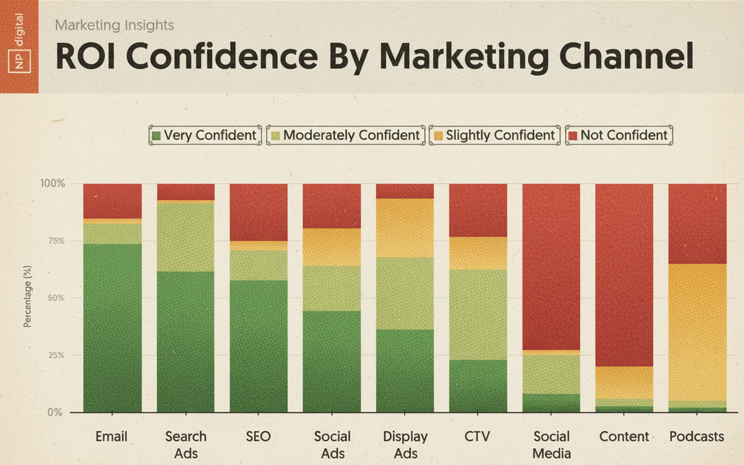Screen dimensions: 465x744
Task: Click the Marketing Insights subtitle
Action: (x=115, y=26)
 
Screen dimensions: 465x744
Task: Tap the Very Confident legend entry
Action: (x=204, y=135)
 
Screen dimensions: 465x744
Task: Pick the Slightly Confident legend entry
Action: (x=493, y=135)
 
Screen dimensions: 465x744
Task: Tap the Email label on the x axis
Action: (x=112, y=437)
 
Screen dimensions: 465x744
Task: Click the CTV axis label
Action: (x=478, y=437)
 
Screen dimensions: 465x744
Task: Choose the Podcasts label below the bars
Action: (x=697, y=437)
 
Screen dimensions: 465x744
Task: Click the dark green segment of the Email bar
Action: (x=112, y=328)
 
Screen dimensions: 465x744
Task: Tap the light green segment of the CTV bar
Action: (x=478, y=314)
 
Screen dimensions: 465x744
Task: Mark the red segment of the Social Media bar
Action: (x=551, y=267)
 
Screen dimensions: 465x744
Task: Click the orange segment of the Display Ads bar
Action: (x=405, y=228)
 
